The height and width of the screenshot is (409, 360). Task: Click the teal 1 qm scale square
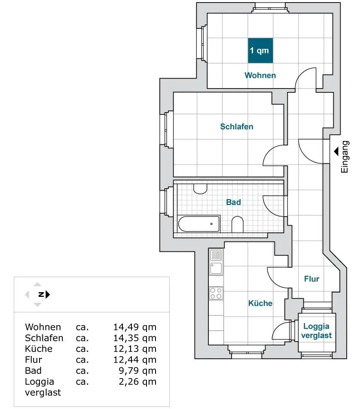[x=260, y=51]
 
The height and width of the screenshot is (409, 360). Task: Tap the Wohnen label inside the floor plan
[x=260, y=75]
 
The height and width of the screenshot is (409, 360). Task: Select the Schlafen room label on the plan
[x=237, y=126]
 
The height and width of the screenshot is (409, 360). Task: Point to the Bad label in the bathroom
[x=233, y=202]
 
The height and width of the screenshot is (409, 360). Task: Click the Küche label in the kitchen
[x=260, y=303]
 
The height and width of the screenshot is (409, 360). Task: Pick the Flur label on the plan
[x=311, y=279]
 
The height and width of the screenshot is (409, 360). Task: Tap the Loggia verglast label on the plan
[x=317, y=331]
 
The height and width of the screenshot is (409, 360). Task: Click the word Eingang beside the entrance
[x=345, y=157]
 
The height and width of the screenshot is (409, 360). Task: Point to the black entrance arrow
[x=336, y=151]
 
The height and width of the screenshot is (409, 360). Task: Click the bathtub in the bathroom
[x=199, y=224]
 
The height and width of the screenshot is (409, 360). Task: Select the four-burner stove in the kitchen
[x=216, y=293]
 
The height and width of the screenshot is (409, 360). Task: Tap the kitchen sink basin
[x=216, y=269]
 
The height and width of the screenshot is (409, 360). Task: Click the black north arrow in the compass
[x=48, y=294]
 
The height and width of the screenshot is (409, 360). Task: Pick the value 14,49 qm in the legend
[x=134, y=327]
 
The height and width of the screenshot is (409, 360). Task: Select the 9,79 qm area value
[x=137, y=371]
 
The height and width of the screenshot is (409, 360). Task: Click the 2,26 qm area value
[x=137, y=382]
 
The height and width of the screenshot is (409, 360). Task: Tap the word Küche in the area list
[x=39, y=349]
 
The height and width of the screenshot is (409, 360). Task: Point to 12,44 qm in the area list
[x=134, y=360]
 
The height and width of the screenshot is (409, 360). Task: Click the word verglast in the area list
[x=43, y=393]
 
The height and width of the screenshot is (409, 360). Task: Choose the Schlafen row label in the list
[x=44, y=338]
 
